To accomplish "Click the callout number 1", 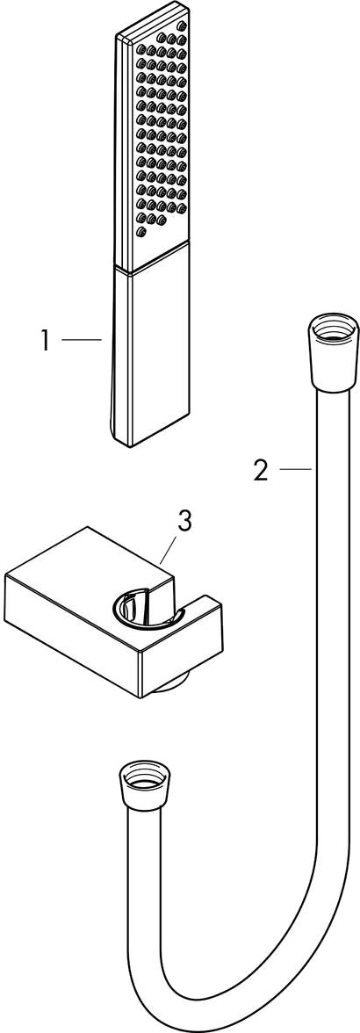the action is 45,341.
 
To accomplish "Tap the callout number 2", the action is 262,471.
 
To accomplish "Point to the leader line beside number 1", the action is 81,339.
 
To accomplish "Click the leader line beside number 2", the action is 295,469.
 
